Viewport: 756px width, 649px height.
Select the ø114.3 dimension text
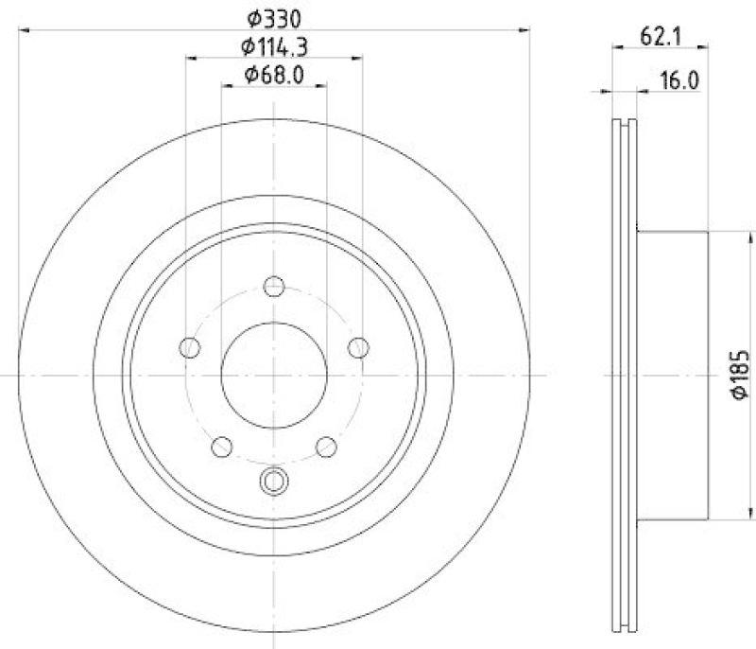click(x=274, y=44)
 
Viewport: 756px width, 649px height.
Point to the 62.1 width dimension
click(x=661, y=37)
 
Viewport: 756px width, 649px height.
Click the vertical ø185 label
click(x=740, y=375)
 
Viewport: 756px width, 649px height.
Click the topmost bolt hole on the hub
click(x=274, y=286)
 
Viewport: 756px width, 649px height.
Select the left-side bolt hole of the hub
click(x=190, y=347)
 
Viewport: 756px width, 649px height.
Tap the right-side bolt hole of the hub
click(x=358, y=347)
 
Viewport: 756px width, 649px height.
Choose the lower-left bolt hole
click(x=223, y=446)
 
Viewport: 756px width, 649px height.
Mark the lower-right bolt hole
click(x=326, y=446)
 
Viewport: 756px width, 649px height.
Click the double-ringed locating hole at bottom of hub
click(x=274, y=481)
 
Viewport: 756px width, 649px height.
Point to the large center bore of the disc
click(x=274, y=374)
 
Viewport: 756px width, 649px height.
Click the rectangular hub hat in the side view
click(x=672, y=375)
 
